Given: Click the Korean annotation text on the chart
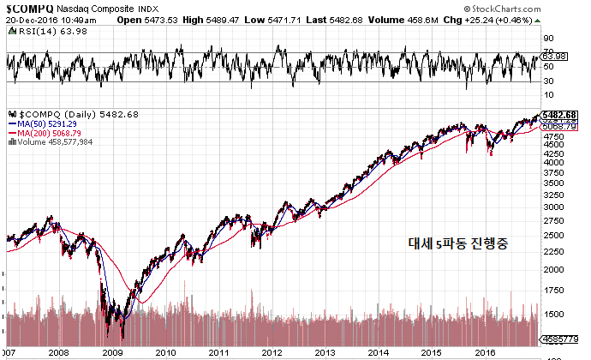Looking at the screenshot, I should tap(458, 243).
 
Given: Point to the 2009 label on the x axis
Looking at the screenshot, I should tap(111, 351).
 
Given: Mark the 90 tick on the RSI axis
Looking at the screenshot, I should tap(548, 39).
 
